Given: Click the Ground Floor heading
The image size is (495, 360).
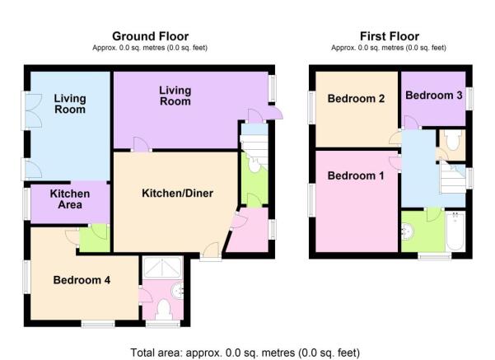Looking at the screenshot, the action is (150, 36).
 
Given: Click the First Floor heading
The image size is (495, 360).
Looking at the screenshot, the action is (390, 36).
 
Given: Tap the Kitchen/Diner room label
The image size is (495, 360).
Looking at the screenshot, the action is (177, 193).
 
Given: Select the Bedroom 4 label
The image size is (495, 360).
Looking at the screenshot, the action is (82, 280).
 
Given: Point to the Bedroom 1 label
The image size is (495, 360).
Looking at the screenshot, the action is (356, 175).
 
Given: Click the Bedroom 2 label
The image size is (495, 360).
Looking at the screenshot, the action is (356, 99).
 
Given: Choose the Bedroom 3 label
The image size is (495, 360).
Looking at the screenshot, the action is (434, 95).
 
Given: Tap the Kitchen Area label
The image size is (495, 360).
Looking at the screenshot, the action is (70, 199).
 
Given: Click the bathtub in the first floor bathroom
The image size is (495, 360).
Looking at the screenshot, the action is (455, 231).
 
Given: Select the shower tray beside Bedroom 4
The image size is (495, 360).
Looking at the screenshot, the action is (162, 268).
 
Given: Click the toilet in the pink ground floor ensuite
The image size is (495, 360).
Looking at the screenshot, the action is (164, 310).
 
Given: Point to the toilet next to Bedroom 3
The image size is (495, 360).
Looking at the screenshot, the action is (453, 141).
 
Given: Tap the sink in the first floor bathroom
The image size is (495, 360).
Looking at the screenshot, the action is (408, 231).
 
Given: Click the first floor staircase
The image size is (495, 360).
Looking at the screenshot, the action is (453, 177).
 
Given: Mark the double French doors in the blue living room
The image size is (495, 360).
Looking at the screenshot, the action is (31, 110).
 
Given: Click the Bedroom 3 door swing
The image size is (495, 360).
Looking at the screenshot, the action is (411, 123).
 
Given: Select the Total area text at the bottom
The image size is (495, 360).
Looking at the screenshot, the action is (245, 353).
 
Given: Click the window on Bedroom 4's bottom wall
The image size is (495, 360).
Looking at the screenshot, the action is (98, 324).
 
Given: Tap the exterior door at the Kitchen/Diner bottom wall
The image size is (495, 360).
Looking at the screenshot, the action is (211, 251).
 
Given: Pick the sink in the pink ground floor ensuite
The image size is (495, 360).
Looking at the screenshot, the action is (178, 290).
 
